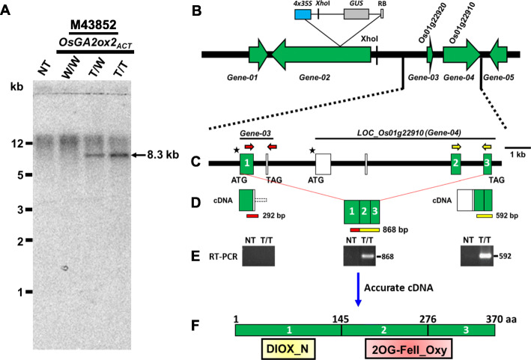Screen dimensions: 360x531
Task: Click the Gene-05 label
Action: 497,76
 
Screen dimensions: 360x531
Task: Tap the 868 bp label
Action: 398,228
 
